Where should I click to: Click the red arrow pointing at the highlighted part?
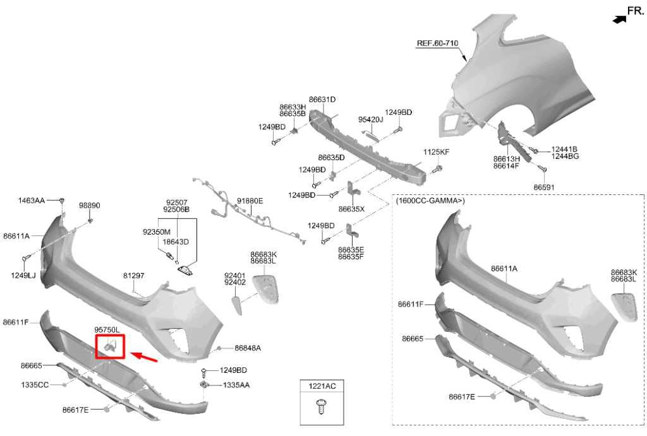coord(144,357)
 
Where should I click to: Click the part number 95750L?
coord(107,329)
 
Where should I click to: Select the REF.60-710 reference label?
coord(437,43)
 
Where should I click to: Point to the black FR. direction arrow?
coord(619,19)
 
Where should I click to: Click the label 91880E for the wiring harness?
coord(250,201)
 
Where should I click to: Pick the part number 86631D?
coord(322,99)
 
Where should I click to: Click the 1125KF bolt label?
coord(436,152)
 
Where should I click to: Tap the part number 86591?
coord(544,187)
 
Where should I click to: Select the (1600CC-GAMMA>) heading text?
coord(430,201)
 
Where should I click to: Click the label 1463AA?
coord(32,201)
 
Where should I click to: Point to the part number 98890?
coord(90,205)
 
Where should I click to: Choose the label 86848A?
coord(248,348)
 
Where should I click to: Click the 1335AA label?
coord(236,385)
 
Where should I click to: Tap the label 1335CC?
coord(35,385)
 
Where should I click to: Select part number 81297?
coord(134,275)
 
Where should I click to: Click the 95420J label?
coord(370,119)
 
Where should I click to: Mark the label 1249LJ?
coord(23,275)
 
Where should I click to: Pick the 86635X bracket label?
coord(351,209)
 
